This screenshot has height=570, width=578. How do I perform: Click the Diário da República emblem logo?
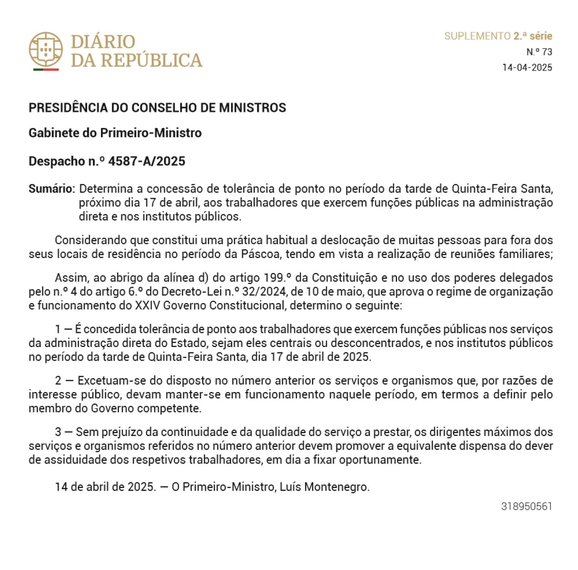[46, 49]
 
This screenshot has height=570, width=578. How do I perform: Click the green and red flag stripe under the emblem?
[46, 70]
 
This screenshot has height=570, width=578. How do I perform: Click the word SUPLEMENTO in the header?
[477, 36]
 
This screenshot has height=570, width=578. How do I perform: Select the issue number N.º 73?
[539, 52]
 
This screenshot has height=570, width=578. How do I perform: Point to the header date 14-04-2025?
[527, 68]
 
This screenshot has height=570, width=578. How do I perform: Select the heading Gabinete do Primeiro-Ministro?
[115, 133]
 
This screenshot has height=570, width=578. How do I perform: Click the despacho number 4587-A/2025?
[147, 161]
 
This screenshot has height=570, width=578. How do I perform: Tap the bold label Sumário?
[52, 188]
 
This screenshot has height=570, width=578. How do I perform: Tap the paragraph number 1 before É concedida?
[58, 329]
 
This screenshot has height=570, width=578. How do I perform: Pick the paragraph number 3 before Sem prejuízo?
[58, 432]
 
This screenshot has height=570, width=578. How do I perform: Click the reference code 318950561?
[526, 506]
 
